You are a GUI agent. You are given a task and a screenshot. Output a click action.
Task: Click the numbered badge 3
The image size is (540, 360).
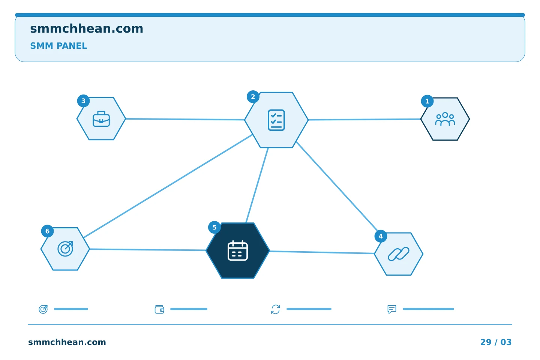tap(83, 101)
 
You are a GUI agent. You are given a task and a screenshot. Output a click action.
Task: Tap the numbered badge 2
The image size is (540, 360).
tap(253, 97)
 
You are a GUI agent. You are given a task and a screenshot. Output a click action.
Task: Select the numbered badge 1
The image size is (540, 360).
tap(427, 101)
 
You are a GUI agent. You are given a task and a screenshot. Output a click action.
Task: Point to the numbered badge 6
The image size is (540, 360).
tap(48, 231)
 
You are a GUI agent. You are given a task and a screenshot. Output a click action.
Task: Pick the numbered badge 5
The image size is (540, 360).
tap(214, 227)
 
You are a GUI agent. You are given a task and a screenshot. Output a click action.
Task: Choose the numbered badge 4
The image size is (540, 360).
tap(381, 236)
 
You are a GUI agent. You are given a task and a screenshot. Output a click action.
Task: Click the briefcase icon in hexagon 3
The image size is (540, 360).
tap(101, 118)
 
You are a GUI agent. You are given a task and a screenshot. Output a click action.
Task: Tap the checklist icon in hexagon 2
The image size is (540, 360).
tap(276, 120)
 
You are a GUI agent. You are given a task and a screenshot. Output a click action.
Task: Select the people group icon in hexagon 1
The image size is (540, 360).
tap(445, 119)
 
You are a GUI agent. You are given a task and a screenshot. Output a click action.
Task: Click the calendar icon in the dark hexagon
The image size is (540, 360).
tap(238, 250)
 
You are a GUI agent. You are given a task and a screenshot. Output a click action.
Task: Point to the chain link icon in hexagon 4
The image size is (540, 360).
tap(399, 253)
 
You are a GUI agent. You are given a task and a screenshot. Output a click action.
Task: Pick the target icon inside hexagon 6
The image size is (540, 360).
tap(65, 249)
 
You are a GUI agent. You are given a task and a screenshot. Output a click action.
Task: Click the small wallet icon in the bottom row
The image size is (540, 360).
tap(159, 309)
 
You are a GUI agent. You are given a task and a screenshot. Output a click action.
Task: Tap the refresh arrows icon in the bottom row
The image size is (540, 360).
tap(276, 309)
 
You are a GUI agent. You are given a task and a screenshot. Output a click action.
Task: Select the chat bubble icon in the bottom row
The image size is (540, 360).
tap(392, 309)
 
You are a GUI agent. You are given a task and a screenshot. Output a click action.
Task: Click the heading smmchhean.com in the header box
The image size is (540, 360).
tap(87, 28)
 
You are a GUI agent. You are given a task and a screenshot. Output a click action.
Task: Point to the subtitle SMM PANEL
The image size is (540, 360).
tap(58, 46)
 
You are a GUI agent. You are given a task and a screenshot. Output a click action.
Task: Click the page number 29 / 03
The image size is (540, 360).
tap(496, 342)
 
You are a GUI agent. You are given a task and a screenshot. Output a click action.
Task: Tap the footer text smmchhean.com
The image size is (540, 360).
tap(67, 342)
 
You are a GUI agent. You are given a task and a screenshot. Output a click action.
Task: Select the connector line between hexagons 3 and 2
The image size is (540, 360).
tap(185, 119)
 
